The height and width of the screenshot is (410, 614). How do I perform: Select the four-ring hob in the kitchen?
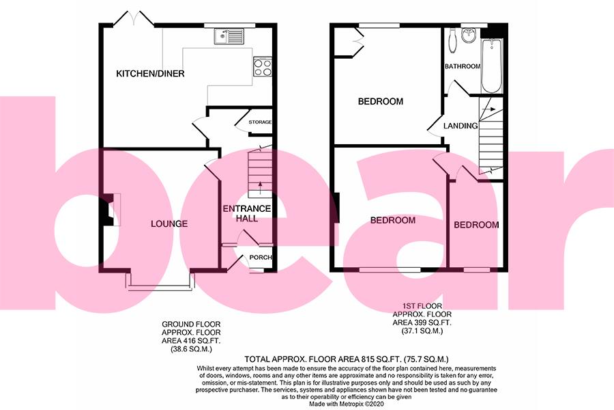click(x=263, y=66)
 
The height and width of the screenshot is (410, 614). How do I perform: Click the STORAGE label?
click(x=260, y=122)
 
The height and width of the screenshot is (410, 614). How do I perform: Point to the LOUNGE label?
click(x=169, y=223)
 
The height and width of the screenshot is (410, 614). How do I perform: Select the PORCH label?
click(x=261, y=258)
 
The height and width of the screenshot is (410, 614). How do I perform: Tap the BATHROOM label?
click(x=463, y=66)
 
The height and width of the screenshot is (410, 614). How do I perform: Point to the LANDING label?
click(x=460, y=126)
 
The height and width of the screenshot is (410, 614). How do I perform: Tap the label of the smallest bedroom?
click(x=476, y=225)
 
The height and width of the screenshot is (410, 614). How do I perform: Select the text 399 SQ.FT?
click(x=423, y=322)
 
